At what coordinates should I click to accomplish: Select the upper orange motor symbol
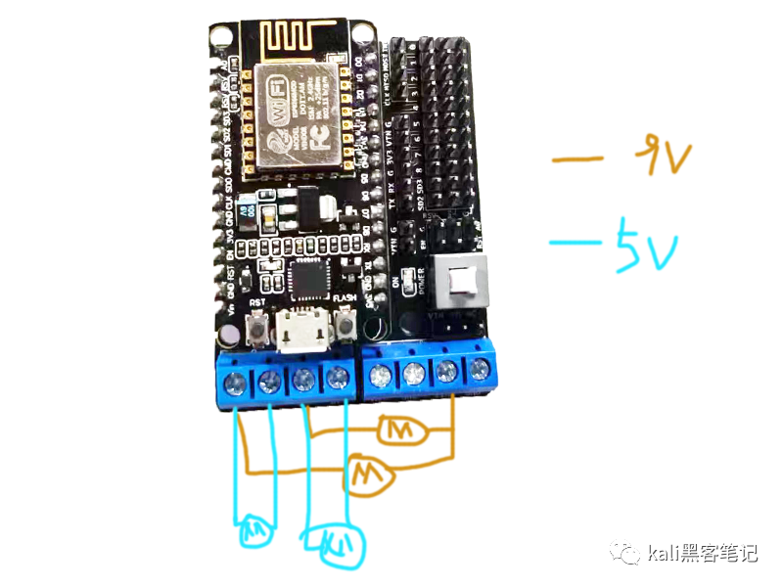[398, 428]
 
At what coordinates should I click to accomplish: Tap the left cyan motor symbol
[255, 531]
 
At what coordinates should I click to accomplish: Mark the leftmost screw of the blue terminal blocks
[235, 379]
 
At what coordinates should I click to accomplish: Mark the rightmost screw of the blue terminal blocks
[480, 370]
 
